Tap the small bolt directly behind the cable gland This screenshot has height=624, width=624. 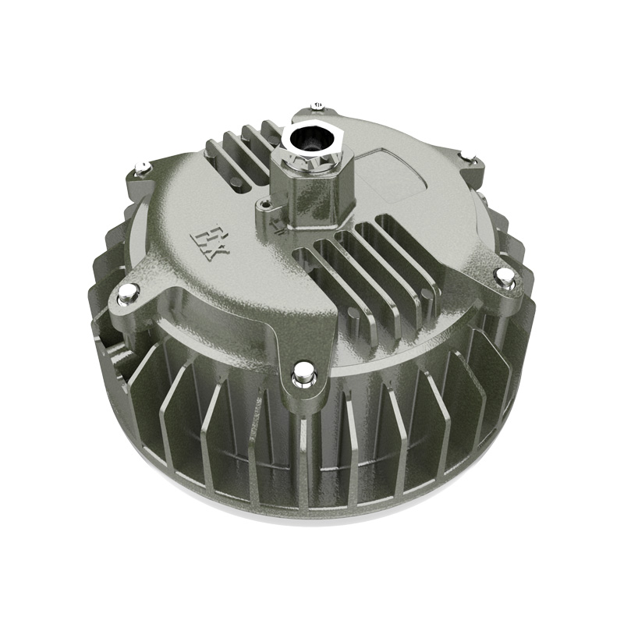(316, 105)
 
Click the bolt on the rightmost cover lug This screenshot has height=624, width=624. (505, 275)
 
